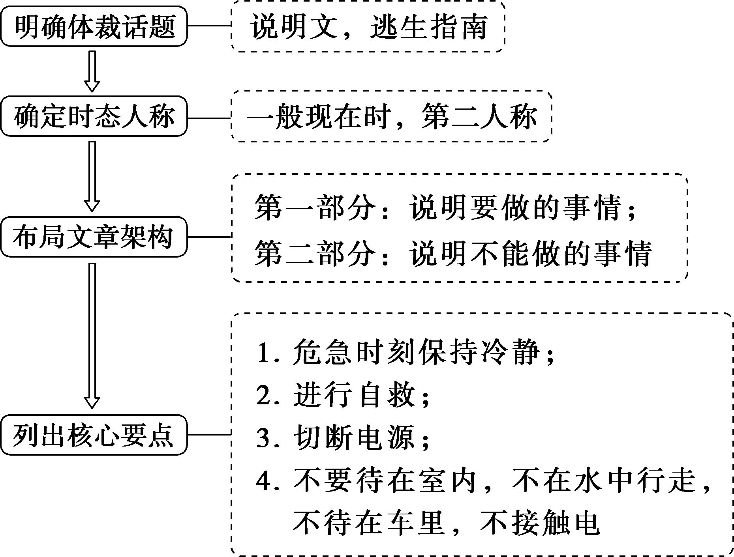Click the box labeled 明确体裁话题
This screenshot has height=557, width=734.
[94, 26]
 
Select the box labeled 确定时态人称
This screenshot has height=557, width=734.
[94, 116]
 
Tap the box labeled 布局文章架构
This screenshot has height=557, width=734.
[94, 237]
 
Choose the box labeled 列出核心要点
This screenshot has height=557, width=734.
[94, 435]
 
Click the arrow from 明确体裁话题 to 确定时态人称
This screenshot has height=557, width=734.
[92, 71]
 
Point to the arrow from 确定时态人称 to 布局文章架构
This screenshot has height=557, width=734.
[92, 176]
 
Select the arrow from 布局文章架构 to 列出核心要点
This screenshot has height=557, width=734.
[92, 335]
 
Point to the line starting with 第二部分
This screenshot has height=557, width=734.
[452, 252]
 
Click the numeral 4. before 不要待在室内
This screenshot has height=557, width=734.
[267, 481]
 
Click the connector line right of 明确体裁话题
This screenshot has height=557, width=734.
[209, 26]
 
